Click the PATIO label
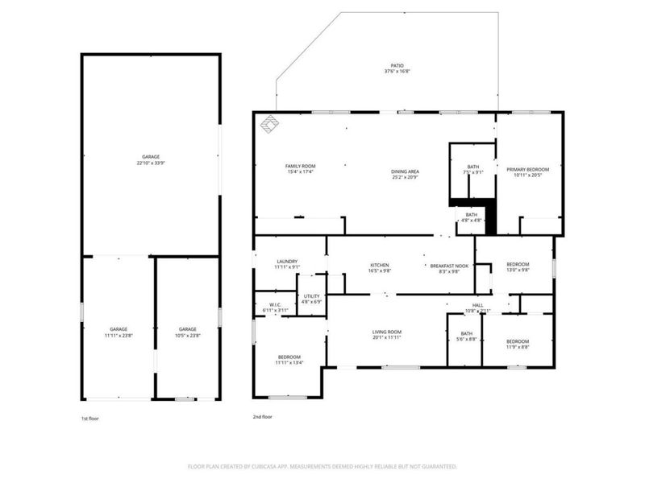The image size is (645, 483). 394,66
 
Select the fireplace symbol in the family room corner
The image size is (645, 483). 268,123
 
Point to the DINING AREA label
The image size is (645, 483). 405,171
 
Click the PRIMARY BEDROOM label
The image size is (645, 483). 527,169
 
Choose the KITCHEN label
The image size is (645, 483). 380,265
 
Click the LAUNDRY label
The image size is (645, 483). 287,261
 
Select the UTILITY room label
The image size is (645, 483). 310,296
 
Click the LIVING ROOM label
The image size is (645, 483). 387,332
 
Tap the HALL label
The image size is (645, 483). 477,304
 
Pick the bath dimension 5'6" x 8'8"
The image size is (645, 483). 467,340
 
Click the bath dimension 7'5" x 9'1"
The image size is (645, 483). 472,171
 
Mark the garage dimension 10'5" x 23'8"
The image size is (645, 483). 188,335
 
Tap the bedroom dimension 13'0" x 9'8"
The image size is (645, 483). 518,270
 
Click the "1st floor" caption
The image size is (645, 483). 89,418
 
